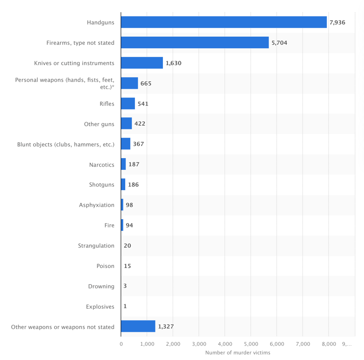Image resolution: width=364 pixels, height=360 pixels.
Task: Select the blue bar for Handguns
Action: [223, 22]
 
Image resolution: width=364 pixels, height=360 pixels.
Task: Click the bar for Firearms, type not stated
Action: [195, 43]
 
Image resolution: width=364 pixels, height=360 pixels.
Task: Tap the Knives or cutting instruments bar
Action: [142, 63]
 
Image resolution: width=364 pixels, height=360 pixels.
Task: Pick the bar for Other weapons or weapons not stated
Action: [138, 326]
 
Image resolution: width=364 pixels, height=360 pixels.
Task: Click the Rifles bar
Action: [128, 104]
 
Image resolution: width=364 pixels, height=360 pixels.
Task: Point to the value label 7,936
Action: [337, 22]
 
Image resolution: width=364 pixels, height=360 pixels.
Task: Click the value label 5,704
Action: [279, 43]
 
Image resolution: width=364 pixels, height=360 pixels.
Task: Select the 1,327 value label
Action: [165, 326]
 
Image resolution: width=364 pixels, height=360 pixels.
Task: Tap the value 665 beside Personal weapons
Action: [146, 84]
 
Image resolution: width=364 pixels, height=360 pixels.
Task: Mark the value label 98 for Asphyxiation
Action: [129, 205]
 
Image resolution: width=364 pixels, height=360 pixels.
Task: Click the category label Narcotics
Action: [102, 165]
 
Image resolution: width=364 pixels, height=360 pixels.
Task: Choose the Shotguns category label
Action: [102, 185]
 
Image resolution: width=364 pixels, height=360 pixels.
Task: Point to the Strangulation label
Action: [96, 246]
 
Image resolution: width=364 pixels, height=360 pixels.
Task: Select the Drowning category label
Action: [101, 286]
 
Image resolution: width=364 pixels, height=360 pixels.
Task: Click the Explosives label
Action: [100, 307]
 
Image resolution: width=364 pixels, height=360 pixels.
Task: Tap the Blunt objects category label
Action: [66, 145]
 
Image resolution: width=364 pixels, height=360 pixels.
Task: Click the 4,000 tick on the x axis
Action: [225, 344]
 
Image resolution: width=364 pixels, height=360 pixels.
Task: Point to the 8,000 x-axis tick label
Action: [328, 344]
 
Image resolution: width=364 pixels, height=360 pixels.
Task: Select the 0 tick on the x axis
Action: [121, 344]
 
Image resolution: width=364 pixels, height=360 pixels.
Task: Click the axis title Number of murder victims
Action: [238, 353]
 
